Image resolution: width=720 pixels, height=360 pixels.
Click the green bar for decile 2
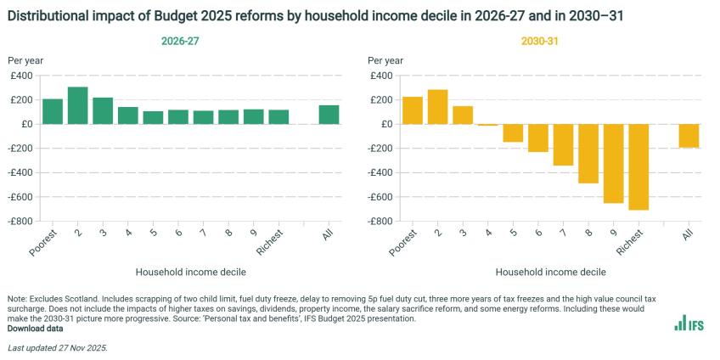pyautogui.click(x=78, y=105)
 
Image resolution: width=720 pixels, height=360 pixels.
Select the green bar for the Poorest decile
pyautogui.click(x=53, y=111)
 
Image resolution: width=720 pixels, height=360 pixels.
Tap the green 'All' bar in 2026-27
pyautogui.click(x=329, y=115)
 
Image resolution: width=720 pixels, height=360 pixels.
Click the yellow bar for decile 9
pyautogui.click(x=613, y=163)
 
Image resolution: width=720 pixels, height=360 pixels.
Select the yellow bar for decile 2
pyautogui.click(x=437, y=107)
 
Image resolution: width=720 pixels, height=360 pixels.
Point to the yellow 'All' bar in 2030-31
pyautogui.click(x=689, y=136)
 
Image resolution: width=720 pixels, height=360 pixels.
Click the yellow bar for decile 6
pyautogui.click(x=537, y=138)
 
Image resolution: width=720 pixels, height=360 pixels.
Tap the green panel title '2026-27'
pyautogui.click(x=179, y=41)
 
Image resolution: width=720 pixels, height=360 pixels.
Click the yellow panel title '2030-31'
pyautogui.click(x=539, y=41)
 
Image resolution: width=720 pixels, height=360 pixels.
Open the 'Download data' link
pyautogui.click(x=35, y=328)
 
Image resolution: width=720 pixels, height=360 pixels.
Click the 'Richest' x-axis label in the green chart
pyautogui.click(x=273, y=242)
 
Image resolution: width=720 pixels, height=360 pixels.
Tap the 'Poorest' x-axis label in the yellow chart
pyautogui.click(x=404, y=243)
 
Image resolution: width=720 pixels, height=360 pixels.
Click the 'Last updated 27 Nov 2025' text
pyautogui.click(x=57, y=348)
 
